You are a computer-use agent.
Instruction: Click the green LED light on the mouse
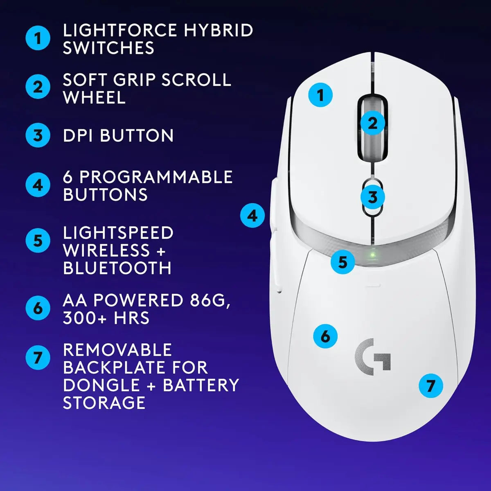tap(372, 254)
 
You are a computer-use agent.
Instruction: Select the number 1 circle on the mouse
tap(320, 95)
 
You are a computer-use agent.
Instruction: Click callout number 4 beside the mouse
tap(252, 216)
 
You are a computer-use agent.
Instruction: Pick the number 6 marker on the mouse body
tap(325, 336)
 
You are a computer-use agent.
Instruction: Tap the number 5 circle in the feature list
tap(38, 241)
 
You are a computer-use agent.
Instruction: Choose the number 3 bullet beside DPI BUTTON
tap(38, 135)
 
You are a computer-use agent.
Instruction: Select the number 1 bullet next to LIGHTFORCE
tap(38, 38)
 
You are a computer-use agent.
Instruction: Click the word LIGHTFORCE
tap(120, 31)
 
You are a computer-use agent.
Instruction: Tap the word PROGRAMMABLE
tap(156, 177)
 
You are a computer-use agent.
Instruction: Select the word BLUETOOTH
tap(117, 268)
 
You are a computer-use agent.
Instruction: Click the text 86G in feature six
tap(208, 300)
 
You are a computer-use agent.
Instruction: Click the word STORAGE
tap(104, 403)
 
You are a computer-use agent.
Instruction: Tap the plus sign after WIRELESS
tap(160, 251)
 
